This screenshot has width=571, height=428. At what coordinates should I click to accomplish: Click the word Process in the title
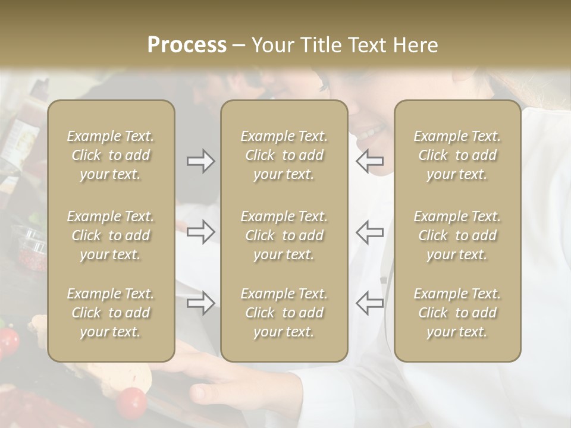(x=187, y=45)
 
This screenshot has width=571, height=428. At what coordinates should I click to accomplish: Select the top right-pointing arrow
(x=200, y=160)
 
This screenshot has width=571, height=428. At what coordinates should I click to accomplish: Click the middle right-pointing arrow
(x=200, y=232)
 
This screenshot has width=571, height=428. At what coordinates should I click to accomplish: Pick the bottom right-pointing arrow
(x=200, y=303)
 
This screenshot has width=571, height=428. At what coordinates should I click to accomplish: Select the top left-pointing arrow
(x=369, y=160)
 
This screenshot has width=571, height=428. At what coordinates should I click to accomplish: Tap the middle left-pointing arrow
(x=369, y=232)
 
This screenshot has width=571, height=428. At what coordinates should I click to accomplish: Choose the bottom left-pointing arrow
(x=369, y=303)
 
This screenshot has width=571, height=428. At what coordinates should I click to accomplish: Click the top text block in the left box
(x=111, y=155)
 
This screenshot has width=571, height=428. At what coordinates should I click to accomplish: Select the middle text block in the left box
(x=111, y=235)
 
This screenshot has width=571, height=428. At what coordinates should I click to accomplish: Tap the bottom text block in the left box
(x=111, y=313)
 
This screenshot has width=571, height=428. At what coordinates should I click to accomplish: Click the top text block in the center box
(x=284, y=155)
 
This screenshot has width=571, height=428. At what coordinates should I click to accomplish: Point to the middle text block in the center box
(x=284, y=235)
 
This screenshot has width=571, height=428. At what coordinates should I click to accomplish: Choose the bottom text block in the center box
(x=284, y=313)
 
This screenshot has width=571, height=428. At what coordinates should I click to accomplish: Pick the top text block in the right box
(x=457, y=155)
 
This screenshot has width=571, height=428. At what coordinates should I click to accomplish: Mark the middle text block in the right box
(x=457, y=235)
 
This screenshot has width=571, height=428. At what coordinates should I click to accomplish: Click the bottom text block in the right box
(x=457, y=313)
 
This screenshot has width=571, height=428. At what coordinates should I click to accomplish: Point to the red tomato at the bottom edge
(x=132, y=402)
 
